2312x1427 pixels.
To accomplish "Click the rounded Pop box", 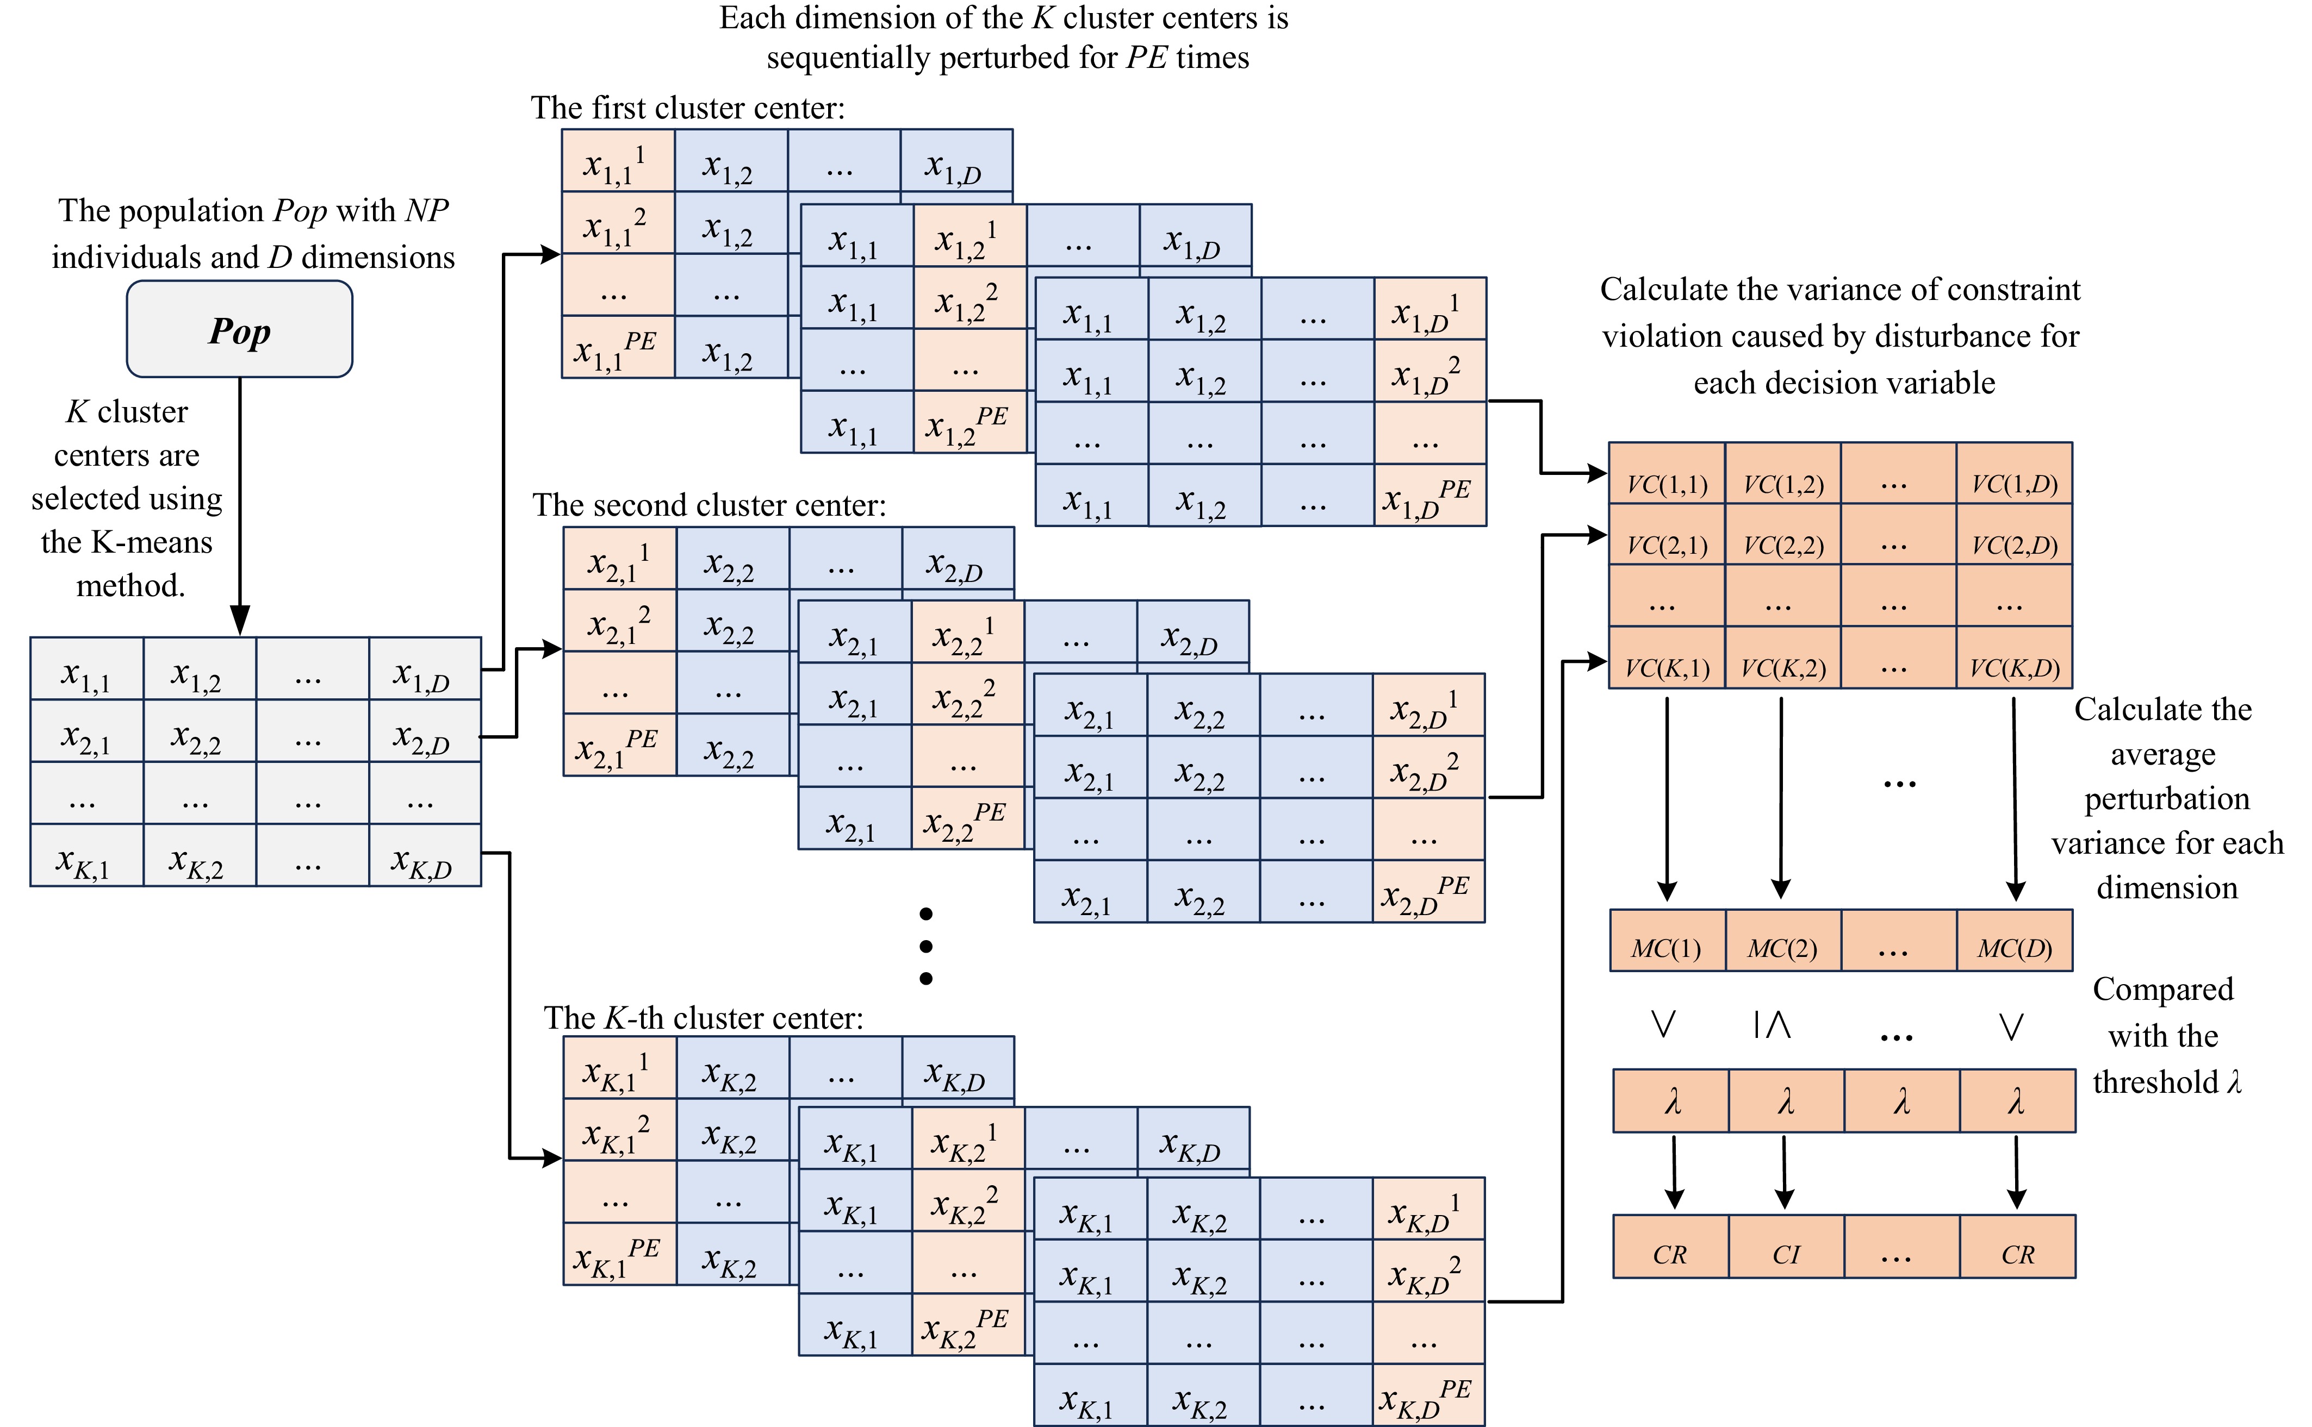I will [240, 329].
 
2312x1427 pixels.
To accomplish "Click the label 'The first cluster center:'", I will [687, 108].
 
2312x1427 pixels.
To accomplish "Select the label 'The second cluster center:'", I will [709, 505].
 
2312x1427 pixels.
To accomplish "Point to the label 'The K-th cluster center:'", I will [703, 1017].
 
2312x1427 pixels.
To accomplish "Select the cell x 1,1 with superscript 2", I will [617, 224].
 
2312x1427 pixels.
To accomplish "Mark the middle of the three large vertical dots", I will [926, 946].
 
